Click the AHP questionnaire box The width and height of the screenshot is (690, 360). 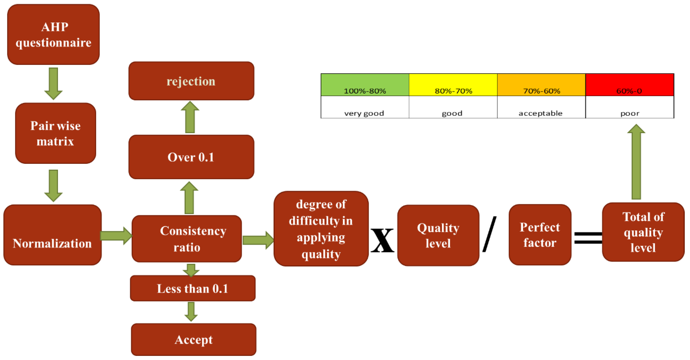tap(53, 34)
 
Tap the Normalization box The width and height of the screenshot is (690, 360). tap(52, 235)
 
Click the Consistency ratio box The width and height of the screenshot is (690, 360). tap(187, 239)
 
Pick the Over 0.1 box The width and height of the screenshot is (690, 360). tap(191, 157)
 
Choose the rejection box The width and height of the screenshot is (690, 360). tap(191, 81)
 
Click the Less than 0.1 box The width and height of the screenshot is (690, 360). tap(193, 288)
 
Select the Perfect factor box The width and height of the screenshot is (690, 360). tap(540, 235)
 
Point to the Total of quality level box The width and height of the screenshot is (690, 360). tap(643, 232)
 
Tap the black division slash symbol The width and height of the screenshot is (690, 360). tap(489, 234)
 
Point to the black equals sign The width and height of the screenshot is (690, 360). tap(588, 237)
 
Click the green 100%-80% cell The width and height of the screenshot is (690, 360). tap(365, 85)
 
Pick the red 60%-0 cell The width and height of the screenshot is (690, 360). tap(630, 85)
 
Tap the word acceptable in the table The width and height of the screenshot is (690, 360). tap(540, 113)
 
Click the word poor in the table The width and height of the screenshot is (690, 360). tap(630, 113)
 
